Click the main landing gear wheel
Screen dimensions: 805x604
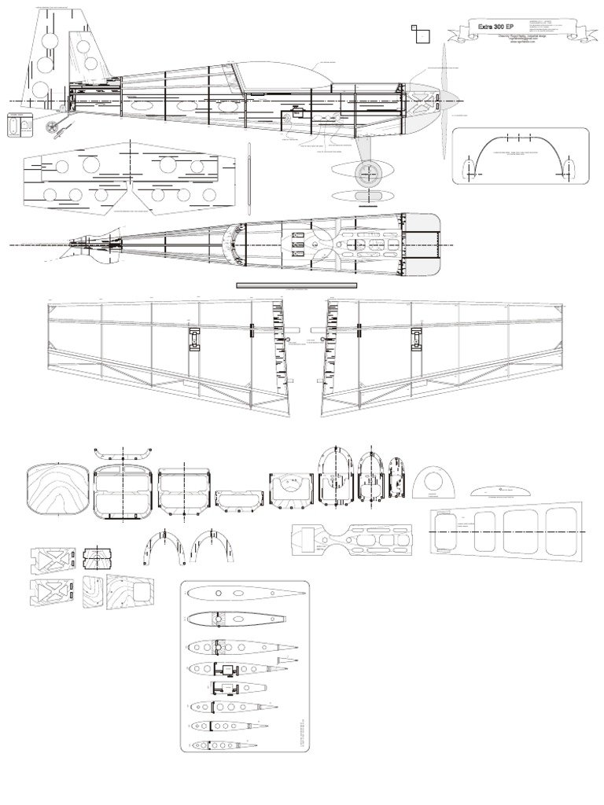tap(366, 174)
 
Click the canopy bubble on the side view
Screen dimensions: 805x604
tap(283, 75)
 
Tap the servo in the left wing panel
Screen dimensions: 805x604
tap(193, 339)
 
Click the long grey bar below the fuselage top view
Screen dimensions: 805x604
tap(296, 285)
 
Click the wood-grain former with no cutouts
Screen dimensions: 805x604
tap(57, 491)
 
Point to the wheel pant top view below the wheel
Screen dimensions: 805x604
tap(365, 195)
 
